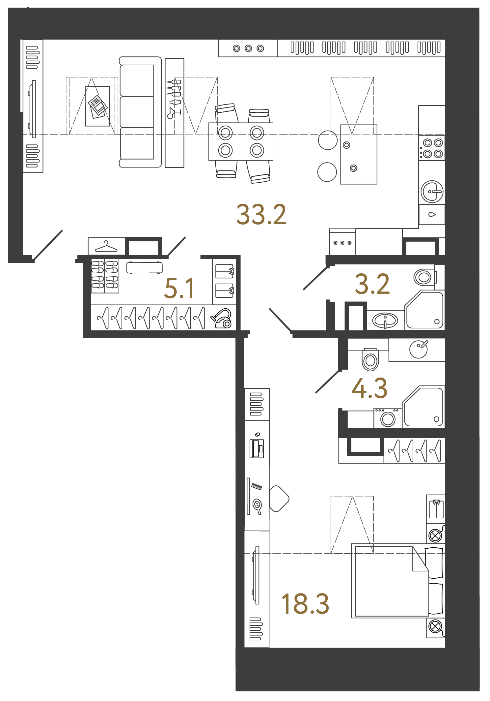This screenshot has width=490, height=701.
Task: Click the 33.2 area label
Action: pyautogui.click(x=261, y=215)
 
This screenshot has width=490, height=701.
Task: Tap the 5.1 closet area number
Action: pyautogui.click(x=179, y=288)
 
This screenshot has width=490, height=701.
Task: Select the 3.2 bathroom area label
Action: pyautogui.click(x=372, y=284)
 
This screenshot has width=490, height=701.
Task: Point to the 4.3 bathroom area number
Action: pyautogui.click(x=369, y=388)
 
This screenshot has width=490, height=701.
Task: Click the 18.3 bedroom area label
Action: pyautogui.click(x=305, y=604)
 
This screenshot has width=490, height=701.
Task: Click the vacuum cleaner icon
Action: pyautogui.click(x=221, y=318)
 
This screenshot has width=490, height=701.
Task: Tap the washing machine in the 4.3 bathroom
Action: pyautogui.click(x=388, y=418)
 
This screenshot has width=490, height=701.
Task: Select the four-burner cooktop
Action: pyautogui.click(x=432, y=148)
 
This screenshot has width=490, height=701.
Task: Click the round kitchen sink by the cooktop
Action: pyautogui.click(x=432, y=191)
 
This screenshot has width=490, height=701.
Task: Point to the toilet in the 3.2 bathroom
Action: pyautogui.click(x=425, y=277)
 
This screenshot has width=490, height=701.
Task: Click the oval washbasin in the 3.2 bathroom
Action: pyautogui.click(x=385, y=320)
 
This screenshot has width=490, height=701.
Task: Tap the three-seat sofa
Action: pyautogui.click(x=140, y=112)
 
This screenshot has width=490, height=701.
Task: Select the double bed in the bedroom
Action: pyautogui.click(x=398, y=581)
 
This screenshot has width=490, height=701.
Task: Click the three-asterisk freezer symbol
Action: pyautogui.click(x=342, y=243)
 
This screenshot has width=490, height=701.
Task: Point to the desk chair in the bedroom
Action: pyautogui.click(x=279, y=499)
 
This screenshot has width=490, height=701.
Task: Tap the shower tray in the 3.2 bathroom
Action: pyautogui.click(x=424, y=310)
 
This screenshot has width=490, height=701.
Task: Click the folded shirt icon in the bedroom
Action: pyautogui.click(x=436, y=509)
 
